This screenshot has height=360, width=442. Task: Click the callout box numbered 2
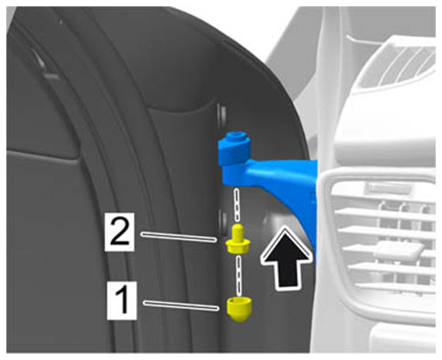coord(119,232)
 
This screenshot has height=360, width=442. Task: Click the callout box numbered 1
coord(122,301)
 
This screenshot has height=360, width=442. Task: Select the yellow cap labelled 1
coord(239,309)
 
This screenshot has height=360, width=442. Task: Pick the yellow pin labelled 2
coord(238,239)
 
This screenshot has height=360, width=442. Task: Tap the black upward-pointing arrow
coord(286,258)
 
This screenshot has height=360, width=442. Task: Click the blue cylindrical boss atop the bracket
coord(235,148)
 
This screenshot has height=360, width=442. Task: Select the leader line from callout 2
coord(179,237)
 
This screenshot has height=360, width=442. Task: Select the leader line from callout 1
coord(182,306)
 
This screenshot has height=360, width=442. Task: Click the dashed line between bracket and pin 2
coord(237,205)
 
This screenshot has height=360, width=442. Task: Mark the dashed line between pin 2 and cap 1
coord(239,275)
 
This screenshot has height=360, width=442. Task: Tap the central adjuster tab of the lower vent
coord(400,249)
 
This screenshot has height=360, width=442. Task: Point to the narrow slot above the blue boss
coord(222,115)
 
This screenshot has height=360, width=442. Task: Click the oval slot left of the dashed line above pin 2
coord(223,221)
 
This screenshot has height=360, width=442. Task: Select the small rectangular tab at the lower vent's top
coord(388,188)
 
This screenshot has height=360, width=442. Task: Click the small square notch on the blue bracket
coord(313,197)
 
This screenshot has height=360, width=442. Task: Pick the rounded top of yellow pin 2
coord(238,228)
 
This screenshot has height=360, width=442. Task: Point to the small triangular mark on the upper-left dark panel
coord(39,58)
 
